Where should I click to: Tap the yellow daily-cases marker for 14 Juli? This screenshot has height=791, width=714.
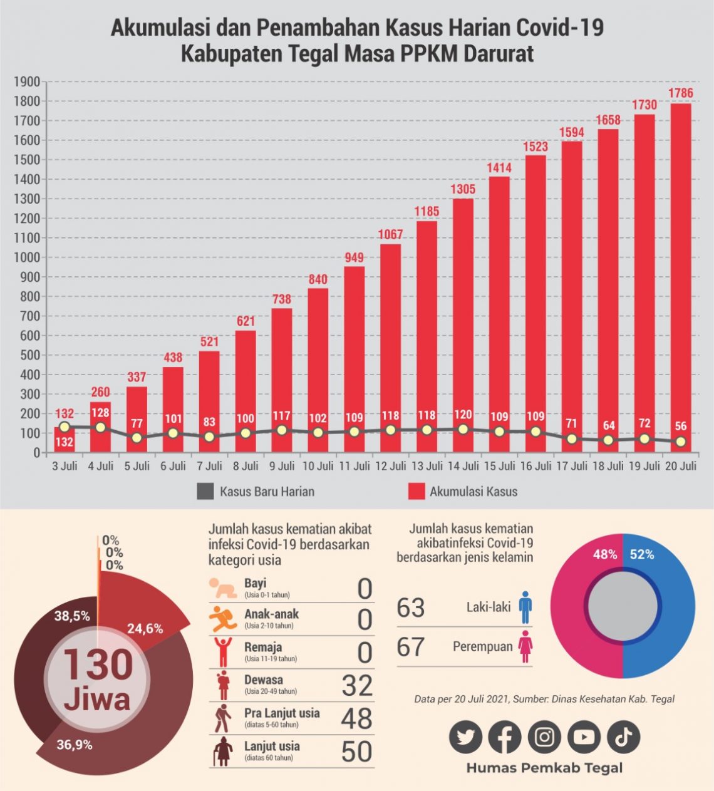pos(463,430)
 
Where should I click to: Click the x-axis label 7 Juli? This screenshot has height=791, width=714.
pos(209,466)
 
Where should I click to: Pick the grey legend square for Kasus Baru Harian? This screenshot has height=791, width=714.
pos(205,491)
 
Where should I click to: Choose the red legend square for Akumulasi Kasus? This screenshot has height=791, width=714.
pos(416,491)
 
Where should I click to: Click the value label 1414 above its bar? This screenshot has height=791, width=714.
pos(499,168)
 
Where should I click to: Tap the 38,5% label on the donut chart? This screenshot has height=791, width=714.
pos(72,616)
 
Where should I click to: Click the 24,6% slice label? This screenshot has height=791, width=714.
pos(145,628)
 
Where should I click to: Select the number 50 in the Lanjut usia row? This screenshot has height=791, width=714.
pos(357,752)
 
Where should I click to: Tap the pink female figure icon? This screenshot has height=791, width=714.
pos(525,646)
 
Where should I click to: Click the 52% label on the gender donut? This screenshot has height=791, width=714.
pos(642,554)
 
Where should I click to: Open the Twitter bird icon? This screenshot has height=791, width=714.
pos(465,737)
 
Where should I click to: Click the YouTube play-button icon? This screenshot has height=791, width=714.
pos(584,737)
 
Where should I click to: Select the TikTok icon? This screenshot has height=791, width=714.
pos(623,737)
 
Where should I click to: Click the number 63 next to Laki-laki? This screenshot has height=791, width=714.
pos(411,607)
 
